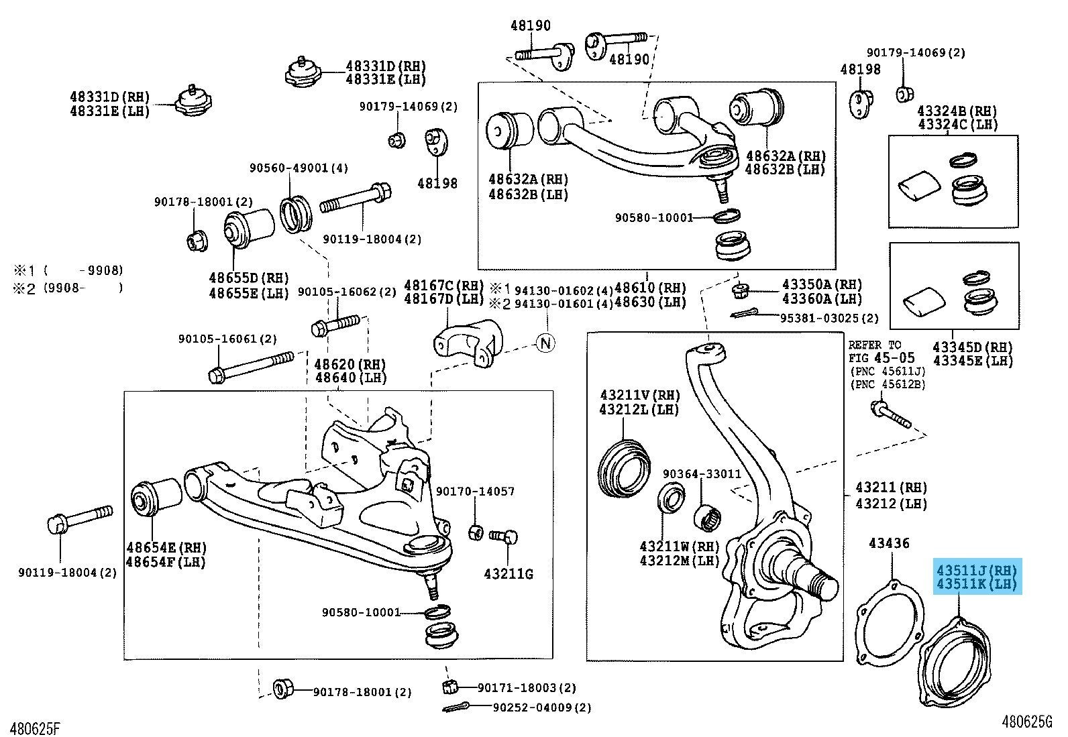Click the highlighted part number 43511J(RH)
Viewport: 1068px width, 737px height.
tap(976, 571)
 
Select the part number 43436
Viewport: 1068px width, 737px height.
tap(890, 543)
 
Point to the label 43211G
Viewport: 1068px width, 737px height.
tap(509, 574)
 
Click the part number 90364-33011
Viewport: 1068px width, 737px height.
tap(702, 474)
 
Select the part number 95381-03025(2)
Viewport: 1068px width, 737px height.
tap(829, 319)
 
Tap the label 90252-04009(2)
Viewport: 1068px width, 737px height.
tap(542, 707)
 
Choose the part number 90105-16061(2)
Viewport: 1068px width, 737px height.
tap(227, 340)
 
